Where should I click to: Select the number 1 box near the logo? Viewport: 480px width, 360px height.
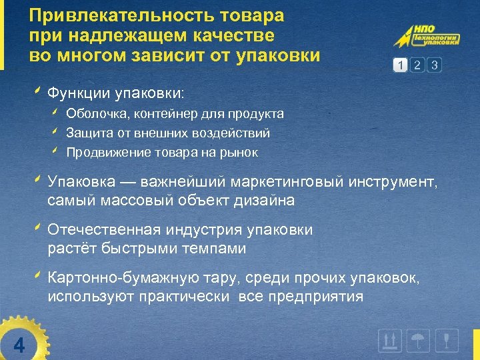(x=399, y=65)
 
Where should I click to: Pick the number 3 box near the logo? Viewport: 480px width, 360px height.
(x=434, y=65)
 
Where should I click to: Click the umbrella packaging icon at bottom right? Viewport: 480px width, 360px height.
(x=419, y=341)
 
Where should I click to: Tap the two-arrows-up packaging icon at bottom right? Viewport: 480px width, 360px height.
(x=390, y=341)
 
